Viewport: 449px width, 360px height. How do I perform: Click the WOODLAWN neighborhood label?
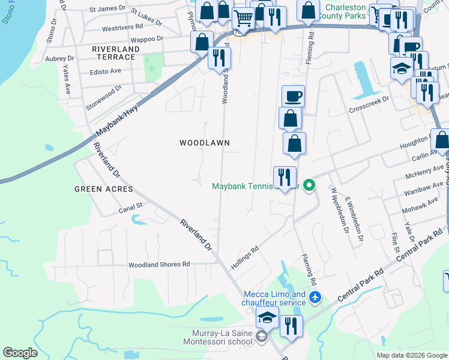205,142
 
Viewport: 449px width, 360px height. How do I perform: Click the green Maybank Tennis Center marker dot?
309,185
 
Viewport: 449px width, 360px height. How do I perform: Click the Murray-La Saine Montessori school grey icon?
261,337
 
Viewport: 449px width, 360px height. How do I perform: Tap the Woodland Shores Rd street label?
159,264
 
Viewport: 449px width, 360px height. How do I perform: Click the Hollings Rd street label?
245,257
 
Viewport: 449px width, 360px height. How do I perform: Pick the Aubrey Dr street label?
62,58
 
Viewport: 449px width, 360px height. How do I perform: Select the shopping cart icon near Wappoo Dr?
243,19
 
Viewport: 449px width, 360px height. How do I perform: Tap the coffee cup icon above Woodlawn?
293,96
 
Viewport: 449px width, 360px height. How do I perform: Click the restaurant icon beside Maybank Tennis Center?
284,177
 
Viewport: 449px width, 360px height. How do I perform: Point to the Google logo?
20,353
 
